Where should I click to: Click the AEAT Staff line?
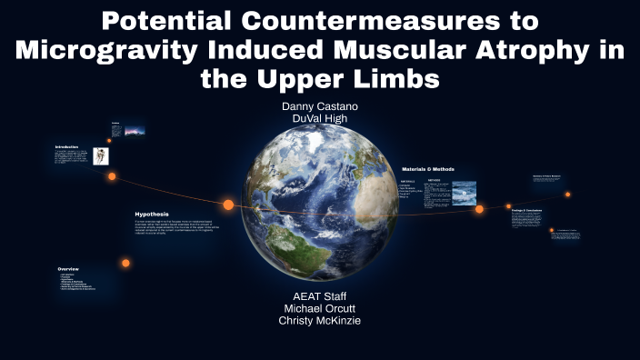click(319, 296)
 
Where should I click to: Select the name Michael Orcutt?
click(319, 309)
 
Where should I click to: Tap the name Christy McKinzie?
click(319, 322)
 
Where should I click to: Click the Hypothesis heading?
click(152, 215)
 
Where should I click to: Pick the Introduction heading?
click(66, 146)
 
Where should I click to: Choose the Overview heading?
click(69, 269)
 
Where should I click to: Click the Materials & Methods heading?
click(427, 169)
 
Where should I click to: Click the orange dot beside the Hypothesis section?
click(228, 205)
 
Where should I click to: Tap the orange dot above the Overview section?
click(125, 263)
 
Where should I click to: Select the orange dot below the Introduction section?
click(112, 176)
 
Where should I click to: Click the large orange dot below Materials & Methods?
click(479, 209)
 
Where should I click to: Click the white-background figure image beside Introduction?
click(101, 155)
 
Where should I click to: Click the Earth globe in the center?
click(320, 209)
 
